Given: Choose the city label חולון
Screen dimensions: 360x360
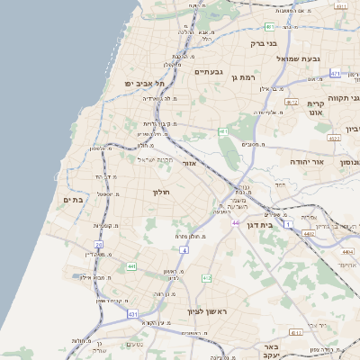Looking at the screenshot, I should click(x=162, y=192).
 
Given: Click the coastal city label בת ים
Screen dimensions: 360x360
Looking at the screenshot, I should click(x=73, y=200).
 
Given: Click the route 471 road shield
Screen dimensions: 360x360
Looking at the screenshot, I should click(x=336, y=74).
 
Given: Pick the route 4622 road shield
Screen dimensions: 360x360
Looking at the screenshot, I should click(x=334, y=139).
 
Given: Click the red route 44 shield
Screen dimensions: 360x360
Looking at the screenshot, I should click(x=236, y=222).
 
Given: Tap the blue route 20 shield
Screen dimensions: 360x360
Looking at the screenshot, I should click(x=99, y=244).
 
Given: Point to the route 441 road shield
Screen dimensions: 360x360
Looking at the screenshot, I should click(x=131, y=266).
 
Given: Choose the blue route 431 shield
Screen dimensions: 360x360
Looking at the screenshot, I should click(x=132, y=314).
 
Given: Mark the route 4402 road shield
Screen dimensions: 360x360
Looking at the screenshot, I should click(x=310, y=233).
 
